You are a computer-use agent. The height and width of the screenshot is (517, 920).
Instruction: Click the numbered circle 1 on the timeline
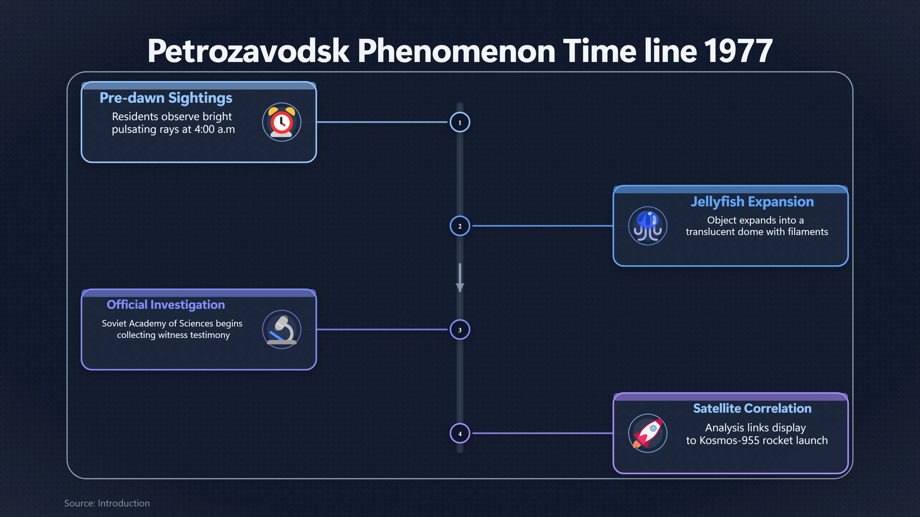460,122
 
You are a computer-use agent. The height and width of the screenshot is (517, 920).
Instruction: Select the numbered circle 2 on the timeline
460,226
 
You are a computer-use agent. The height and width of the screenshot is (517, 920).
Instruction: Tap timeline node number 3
460,330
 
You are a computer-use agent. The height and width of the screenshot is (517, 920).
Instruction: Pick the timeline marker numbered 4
460,433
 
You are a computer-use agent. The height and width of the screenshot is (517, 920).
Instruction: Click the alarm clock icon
282,122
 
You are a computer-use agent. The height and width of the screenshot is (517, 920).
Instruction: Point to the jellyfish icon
648,226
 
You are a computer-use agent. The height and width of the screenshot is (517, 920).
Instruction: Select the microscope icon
282,330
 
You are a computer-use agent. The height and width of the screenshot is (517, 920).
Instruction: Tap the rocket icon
648,433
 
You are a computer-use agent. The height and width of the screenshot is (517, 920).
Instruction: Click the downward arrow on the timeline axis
460,278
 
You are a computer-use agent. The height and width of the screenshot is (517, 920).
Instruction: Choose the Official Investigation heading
166,305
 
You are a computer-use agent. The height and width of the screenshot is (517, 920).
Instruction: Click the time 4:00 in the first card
204,129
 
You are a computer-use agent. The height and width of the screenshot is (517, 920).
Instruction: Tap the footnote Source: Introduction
107,503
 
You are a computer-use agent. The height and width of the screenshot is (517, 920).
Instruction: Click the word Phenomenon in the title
456,51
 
